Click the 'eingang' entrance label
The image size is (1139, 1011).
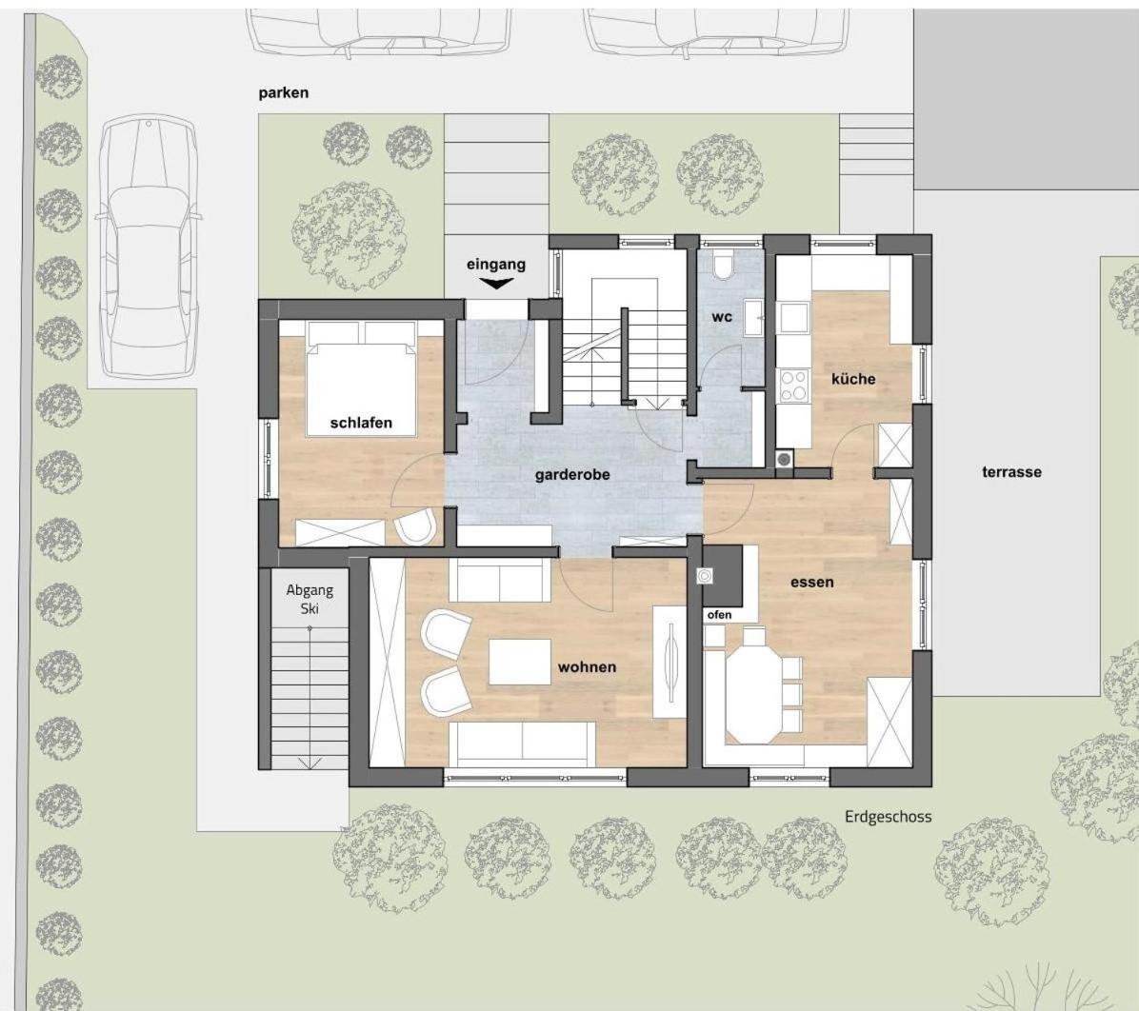coord(495,265)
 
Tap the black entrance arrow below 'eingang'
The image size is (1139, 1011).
coord(496,284)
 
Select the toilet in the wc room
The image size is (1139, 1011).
coord(724,266)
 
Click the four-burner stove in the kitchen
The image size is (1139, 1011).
coord(793,386)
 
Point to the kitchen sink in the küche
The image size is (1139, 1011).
coord(793,317)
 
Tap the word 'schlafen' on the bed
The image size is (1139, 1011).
coord(361,423)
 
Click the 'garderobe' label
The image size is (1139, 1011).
coord(572,475)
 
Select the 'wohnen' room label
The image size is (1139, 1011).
coord(587,666)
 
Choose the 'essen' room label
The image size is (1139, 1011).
coord(812,582)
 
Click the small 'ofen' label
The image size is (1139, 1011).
coord(719,614)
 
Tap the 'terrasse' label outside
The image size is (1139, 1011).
coord(1012,472)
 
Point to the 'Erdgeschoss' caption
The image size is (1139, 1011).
coord(888,817)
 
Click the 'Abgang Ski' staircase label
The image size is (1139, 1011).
coord(310,599)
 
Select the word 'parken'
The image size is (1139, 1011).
coord(283,93)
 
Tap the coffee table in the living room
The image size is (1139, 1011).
coord(519,662)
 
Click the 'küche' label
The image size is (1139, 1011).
coord(853,379)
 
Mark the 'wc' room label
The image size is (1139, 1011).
coord(722,317)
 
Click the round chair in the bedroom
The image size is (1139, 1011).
coord(415,527)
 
